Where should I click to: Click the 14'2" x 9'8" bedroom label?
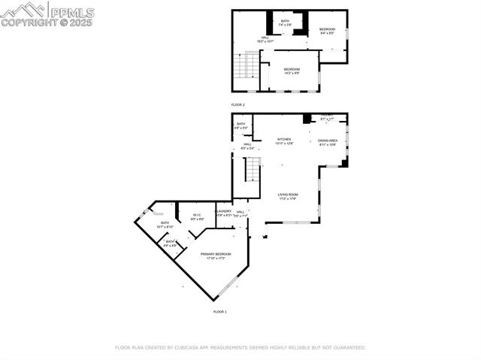click(x=292, y=71)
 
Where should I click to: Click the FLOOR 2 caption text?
click(x=238, y=104)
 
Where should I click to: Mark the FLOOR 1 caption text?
click(x=219, y=311)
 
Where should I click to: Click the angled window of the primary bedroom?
click(x=226, y=289)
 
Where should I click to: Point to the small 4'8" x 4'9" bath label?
click(x=171, y=244)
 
